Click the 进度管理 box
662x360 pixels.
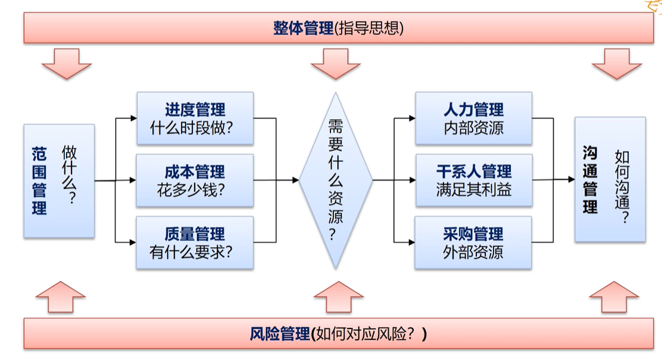[x=195, y=118]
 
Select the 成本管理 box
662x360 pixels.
[x=195, y=180]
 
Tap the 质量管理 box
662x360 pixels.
[x=195, y=242]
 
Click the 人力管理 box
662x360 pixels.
[x=474, y=118]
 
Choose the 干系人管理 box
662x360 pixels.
[x=474, y=180]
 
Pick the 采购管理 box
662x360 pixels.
[x=473, y=242]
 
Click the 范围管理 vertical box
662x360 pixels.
[x=59, y=181]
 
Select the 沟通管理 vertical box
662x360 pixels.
[x=610, y=179]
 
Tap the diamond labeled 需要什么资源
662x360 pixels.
[x=336, y=180]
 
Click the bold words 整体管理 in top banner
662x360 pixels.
[x=303, y=29]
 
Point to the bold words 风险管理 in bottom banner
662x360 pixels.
[x=279, y=334]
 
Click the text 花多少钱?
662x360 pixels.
[x=191, y=190]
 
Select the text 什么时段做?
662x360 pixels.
[x=191, y=128]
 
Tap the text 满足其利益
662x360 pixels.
[x=474, y=190]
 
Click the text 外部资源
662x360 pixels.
[x=473, y=252]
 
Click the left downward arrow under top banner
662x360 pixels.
[x=67, y=63]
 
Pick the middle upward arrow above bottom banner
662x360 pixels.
[x=339, y=297]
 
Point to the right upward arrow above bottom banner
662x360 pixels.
[x=614, y=297]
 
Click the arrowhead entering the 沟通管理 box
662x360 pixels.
[x=572, y=179]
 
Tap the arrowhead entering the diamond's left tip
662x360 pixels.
[x=295, y=180]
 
